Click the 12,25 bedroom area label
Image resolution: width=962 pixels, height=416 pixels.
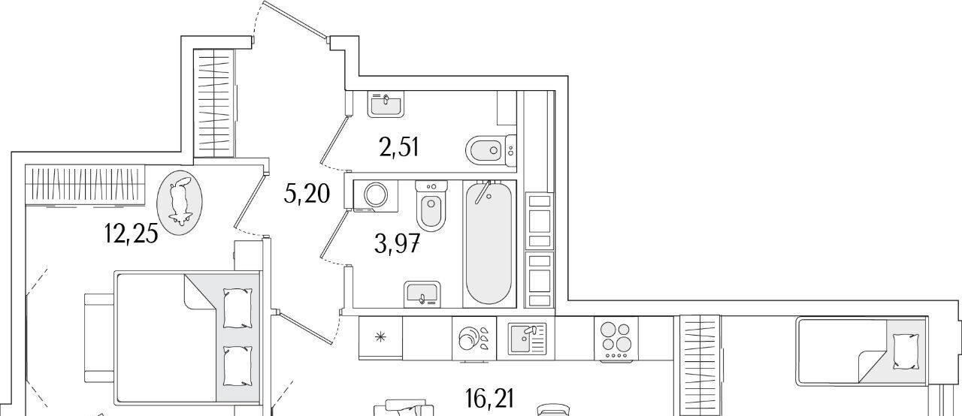pyautogui.click(x=132, y=234)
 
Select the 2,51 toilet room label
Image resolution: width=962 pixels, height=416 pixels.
pyautogui.click(x=398, y=147)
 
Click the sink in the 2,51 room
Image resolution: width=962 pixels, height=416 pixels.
pyautogui.click(x=386, y=103)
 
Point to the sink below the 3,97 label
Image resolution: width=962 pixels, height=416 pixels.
pyautogui.click(x=422, y=294)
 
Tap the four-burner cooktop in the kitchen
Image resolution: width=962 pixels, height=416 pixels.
pyautogui.click(x=616, y=339)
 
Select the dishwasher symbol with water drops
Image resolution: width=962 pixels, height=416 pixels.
pyautogui.click(x=474, y=339)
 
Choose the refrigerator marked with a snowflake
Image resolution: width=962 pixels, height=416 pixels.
pyautogui.click(x=381, y=337)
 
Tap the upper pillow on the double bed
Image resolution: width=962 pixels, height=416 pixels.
pyautogui.click(x=237, y=308)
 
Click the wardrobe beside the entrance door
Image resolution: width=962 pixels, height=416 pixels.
pyautogui.click(x=216, y=102)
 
